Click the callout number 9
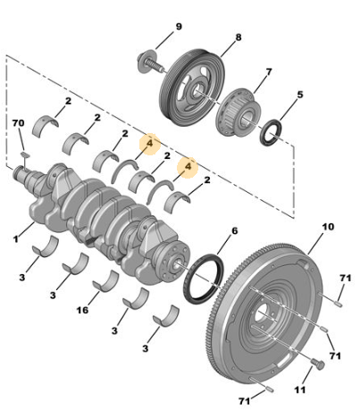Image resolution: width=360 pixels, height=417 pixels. click(179, 27)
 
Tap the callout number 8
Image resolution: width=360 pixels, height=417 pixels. click(239, 38)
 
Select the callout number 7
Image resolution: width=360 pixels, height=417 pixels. click(269, 72)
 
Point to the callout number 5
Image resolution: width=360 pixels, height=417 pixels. click(300, 95)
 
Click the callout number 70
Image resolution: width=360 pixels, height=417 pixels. click(19, 123)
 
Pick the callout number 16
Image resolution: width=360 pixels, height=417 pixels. click(82, 310)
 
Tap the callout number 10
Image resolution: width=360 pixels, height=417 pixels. click(328, 227)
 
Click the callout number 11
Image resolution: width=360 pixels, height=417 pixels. click(300, 389)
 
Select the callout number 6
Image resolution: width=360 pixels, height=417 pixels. click(235, 231)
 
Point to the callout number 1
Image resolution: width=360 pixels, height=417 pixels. click(15, 238)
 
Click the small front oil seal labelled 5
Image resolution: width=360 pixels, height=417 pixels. click(271, 132)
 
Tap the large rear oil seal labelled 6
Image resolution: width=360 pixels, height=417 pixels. click(203, 279)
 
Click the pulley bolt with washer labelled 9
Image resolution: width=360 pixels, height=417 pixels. click(151, 63)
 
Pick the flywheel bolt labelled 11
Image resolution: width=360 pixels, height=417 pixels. click(317, 364)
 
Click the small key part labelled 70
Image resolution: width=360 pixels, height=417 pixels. click(25, 154)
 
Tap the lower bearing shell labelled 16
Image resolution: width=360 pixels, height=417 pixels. click(105, 280)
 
